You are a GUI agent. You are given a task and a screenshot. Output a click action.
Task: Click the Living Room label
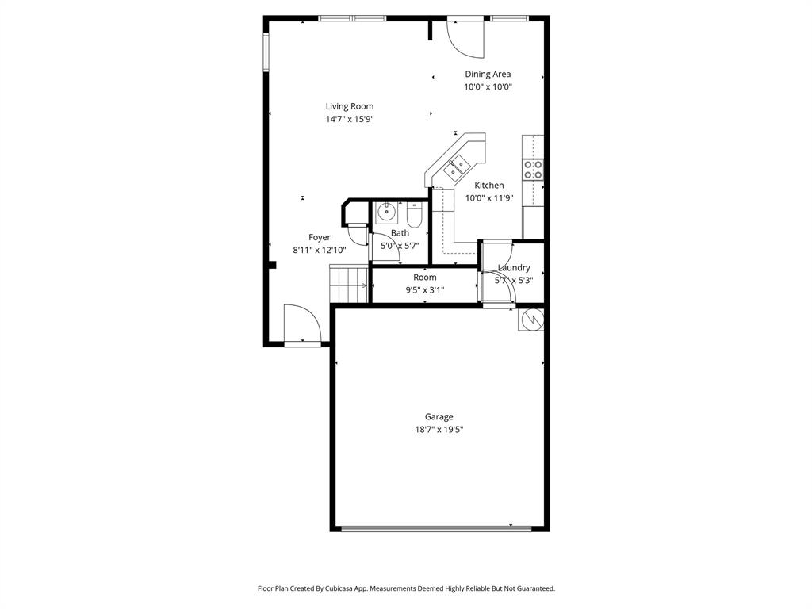click(x=349, y=106)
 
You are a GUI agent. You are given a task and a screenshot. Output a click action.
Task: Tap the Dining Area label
click(x=488, y=75)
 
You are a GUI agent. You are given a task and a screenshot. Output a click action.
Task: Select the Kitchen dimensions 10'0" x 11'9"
click(x=489, y=198)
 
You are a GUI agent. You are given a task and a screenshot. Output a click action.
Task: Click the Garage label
click(x=439, y=417)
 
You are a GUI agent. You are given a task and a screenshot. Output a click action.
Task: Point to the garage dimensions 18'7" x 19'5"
click(x=439, y=430)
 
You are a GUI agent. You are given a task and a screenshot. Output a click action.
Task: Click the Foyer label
click(x=320, y=237)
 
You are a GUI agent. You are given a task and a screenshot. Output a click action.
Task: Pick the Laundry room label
click(x=514, y=268)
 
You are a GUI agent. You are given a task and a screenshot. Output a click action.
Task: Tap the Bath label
click(x=400, y=233)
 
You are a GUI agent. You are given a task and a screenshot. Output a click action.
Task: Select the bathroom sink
click(x=386, y=213)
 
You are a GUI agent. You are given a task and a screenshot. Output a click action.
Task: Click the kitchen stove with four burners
click(x=533, y=169)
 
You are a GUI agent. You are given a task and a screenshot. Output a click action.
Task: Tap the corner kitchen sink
click(x=458, y=167)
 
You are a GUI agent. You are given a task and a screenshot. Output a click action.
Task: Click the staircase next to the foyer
click(x=347, y=284)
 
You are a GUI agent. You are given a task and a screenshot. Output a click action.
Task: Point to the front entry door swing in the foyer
click(x=303, y=324)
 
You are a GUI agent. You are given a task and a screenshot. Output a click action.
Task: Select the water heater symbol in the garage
click(x=531, y=319)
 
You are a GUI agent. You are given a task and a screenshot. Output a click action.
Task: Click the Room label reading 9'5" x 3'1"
click(x=424, y=278)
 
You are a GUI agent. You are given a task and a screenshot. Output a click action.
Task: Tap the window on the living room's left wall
click(x=266, y=52)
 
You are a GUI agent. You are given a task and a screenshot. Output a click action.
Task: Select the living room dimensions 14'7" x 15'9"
click(x=349, y=120)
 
